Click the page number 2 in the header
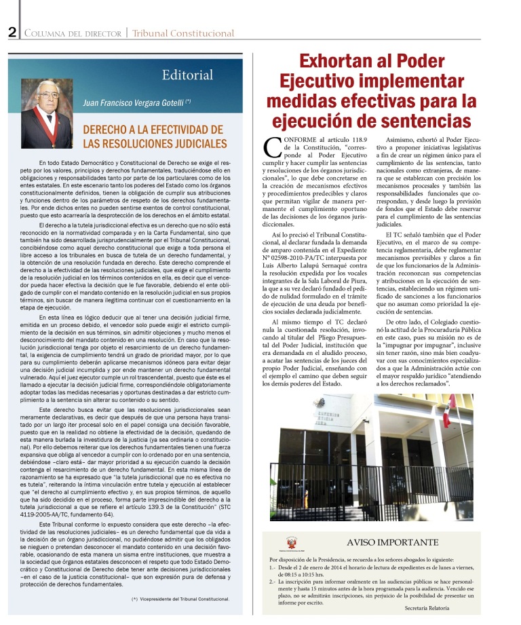click(12, 33)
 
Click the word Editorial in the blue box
click(187, 75)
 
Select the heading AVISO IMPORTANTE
click(393, 542)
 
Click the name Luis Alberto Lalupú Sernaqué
click(308, 267)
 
